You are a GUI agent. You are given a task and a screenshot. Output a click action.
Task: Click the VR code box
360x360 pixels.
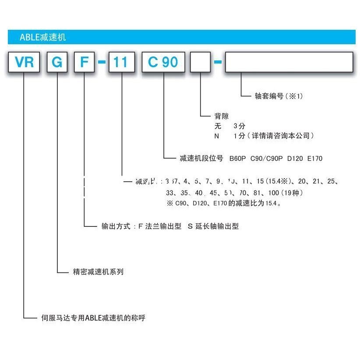tap(24, 62)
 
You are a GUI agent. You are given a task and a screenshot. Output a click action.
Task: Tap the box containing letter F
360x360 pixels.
tap(84, 62)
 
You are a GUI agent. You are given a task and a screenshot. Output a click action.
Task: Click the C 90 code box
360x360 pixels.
tap(163, 62)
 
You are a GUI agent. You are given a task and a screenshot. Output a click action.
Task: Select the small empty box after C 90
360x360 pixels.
tap(201, 62)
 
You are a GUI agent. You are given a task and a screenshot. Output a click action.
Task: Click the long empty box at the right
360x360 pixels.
tap(289, 62)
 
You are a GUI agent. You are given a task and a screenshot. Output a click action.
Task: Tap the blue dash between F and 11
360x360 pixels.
tap(102, 63)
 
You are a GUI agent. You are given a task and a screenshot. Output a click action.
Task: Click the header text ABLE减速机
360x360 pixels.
tap(42, 37)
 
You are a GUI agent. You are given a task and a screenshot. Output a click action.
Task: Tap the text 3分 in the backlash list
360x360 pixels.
tap(240, 126)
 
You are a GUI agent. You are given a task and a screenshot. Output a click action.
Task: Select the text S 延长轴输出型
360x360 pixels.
tap(213, 226)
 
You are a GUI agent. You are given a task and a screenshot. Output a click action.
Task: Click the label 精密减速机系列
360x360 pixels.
tap(98, 272)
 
